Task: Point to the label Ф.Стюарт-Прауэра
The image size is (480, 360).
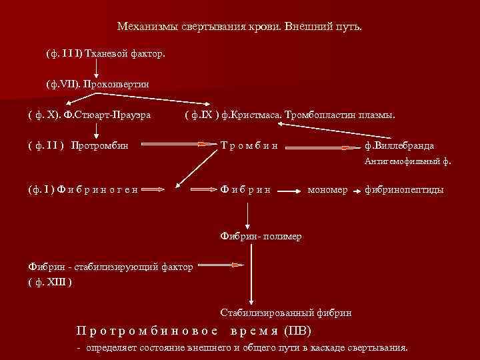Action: [107, 114]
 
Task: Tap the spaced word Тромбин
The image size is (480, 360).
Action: [249, 145]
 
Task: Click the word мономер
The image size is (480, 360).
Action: [327, 189]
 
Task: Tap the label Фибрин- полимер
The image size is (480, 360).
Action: [261, 236]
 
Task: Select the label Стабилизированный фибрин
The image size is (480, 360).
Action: [286, 312]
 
